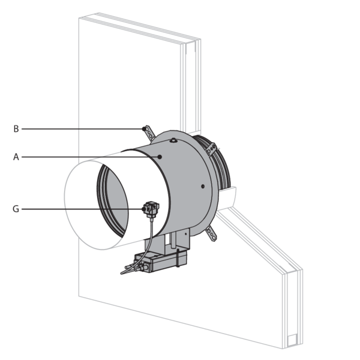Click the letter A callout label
point(16,157)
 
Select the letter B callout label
point(16,129)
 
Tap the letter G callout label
point(16,209)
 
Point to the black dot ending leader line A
point(160,157)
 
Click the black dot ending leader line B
point(144,129)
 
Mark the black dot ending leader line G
point(144,209)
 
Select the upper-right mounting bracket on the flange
point(211,149)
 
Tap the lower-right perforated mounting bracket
point(211,234)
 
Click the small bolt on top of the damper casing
point(173,140)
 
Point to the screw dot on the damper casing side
point(203,186)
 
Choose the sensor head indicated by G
point(151,209)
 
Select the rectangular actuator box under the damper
point(160,262)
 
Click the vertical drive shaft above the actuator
point(174,240)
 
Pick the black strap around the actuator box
point(178,258)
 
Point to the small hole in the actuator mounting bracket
point(186,234)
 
